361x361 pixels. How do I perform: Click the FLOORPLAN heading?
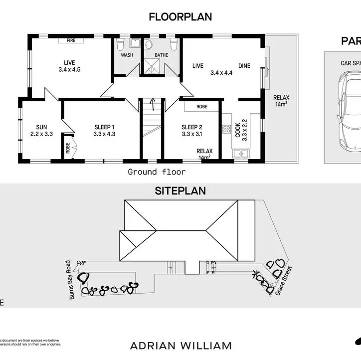pos(180,17)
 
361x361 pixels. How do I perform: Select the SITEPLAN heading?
pos(180,190)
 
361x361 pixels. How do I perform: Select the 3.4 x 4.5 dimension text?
pos(69,70)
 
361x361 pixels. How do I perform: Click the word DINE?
pos(244,66)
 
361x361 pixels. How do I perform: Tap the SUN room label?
pos(41,127)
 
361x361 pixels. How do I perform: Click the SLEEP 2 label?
pos(191,127)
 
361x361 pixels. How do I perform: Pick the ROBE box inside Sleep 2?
pos(201,107)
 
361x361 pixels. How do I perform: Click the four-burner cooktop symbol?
pos(226,129)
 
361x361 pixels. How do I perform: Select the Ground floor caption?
pos(157,172)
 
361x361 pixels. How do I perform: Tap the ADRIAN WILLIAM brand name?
pos(180,346)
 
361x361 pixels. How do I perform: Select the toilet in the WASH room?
pos(120,45)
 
